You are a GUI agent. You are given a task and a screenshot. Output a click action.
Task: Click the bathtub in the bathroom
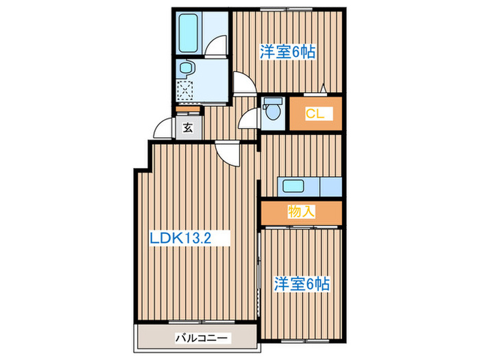click(x=189, y=33)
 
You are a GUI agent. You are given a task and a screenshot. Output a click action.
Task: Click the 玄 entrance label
click(x=187, y=127)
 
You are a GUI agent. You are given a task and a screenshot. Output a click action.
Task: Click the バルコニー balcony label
click(x=202, y=338)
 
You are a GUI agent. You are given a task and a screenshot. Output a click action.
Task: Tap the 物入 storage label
click(x=301, y=211)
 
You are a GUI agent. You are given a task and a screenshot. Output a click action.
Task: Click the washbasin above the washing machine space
click(x=185, y=69)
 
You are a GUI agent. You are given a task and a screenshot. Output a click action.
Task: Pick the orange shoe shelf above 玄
click(x=187, y=108)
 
